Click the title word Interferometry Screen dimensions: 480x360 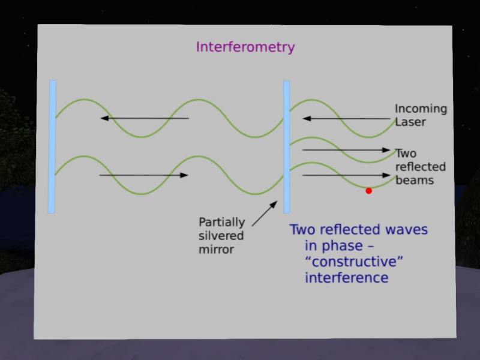point(245,47)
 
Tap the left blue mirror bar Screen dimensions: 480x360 point(52,146)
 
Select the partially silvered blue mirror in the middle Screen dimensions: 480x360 point(286,146)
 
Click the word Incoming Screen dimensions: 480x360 point(421,109)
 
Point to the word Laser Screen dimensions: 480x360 point(410,122)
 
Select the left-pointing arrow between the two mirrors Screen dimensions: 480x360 point(144,118)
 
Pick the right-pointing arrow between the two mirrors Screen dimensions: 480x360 point(144,175)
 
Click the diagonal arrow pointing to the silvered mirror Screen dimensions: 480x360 point(265,214)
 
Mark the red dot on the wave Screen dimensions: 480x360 point(368,191)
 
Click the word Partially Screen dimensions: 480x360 point(222,221)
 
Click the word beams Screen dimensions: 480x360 point(415,179)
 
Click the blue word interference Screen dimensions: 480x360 point(346,278)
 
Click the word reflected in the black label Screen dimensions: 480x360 point(421,166)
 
